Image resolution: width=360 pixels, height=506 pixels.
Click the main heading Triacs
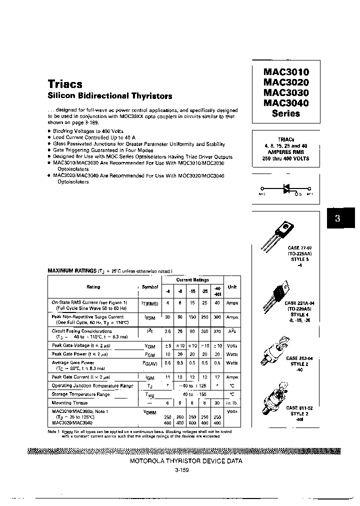[x=65, y=84]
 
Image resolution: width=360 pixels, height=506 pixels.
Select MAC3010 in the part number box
[x=286, y=72]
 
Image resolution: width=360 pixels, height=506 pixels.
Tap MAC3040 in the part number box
[x=286, y=103]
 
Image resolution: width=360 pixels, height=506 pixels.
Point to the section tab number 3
[x=337, y=218]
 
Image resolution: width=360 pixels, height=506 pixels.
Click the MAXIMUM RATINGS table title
[x=72, y=270]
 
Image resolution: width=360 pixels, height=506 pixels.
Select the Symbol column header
[x=149, y=287]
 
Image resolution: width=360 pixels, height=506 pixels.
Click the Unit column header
[x=232, y=287]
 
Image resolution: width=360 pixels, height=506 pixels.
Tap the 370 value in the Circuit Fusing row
[x=217, y=331]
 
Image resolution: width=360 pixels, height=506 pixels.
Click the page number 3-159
[x=183, y=470]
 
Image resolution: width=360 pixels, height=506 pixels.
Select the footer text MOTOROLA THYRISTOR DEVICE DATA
[x=186, y=461]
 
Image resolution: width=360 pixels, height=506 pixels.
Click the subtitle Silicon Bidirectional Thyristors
[x=109, y=96]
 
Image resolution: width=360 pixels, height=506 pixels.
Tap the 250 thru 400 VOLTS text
[x=286, y=158]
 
